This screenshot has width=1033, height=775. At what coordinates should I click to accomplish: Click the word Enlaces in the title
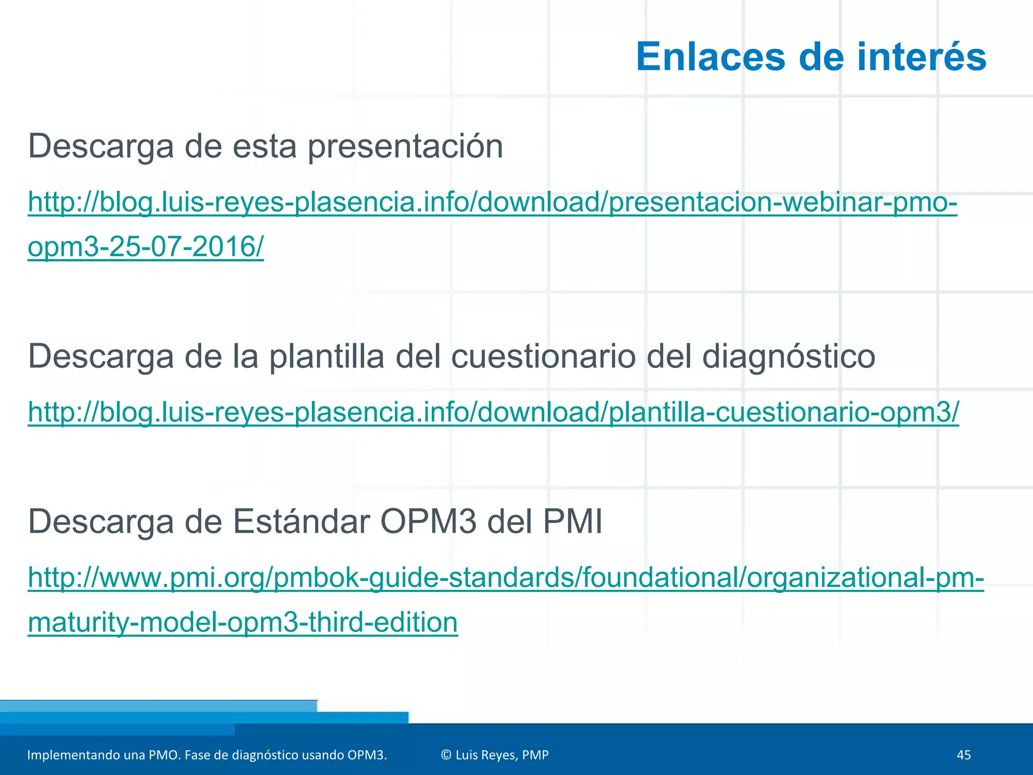(x=710, y=57)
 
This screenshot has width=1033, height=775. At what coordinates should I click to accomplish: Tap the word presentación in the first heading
(x=405, y=147)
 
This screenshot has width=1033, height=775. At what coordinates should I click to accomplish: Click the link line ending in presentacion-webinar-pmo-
(x=492, y=202)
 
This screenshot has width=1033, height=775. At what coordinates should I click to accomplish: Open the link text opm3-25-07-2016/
(x=146, y=247)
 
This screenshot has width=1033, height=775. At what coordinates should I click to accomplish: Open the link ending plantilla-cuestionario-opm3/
(x=493, y=412)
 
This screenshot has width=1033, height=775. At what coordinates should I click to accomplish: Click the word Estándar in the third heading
(x=301, y=522)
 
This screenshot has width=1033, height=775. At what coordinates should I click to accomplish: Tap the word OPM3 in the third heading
(x=428, y=522)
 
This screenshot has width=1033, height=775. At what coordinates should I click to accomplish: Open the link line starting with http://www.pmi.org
(x=505, y=578)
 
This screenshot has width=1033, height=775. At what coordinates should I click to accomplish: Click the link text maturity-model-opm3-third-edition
(x=243, y=623)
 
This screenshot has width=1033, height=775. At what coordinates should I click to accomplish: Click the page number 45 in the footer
(x=963, y=755)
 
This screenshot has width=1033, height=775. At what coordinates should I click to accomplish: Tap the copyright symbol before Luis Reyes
(x=446, y=755)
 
